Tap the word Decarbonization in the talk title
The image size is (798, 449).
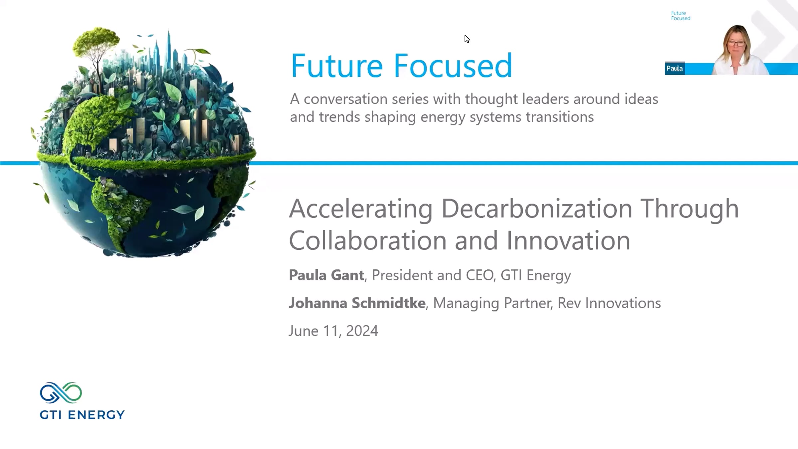coord(537,209)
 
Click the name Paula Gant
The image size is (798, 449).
coord(326,275)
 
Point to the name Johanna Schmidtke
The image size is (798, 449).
coord(357,303)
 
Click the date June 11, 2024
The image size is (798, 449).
coord(333,331)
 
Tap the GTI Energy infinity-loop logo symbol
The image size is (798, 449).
coord(61,393)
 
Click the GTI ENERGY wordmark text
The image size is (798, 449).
coord(82,415)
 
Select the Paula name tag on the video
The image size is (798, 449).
coord(675,69)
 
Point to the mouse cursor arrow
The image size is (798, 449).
coord(467,39)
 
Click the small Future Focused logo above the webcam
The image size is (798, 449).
coord(680,16)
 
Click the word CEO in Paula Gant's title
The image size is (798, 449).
coord(479,275)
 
